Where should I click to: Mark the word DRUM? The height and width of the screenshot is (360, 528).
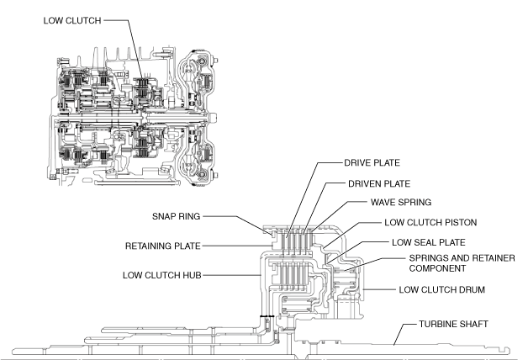(x=476, y=291)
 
